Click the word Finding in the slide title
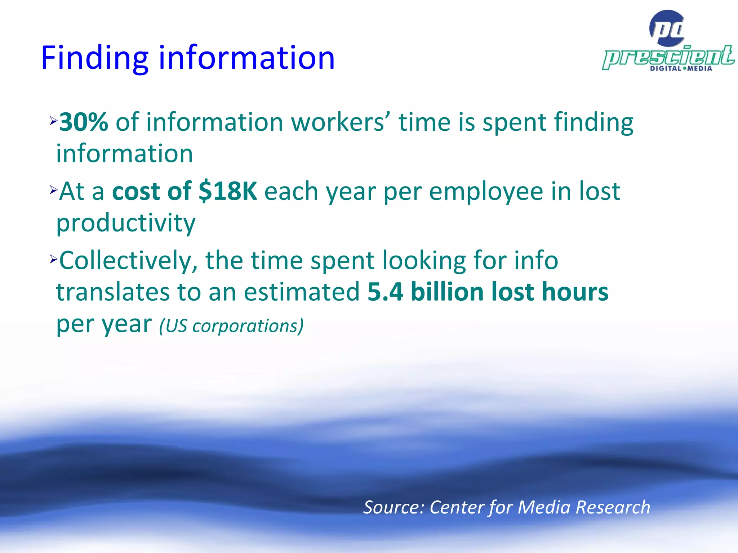click(x=95, y=58)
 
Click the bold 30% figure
click(x=84, y=122)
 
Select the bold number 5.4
click(x=385, y=292)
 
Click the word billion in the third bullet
click(x=447, y=292)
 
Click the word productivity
click(x=126, y=223)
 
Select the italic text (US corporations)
click(x=231, y=326)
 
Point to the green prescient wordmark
click(x=668, y=57)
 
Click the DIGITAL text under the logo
click(x=666, y=68)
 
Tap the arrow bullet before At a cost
click(x=54, y=190)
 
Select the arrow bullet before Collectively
click(x=54, y=258)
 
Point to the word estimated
click(x=302, y=292)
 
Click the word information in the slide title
click(x=246, y=58)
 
